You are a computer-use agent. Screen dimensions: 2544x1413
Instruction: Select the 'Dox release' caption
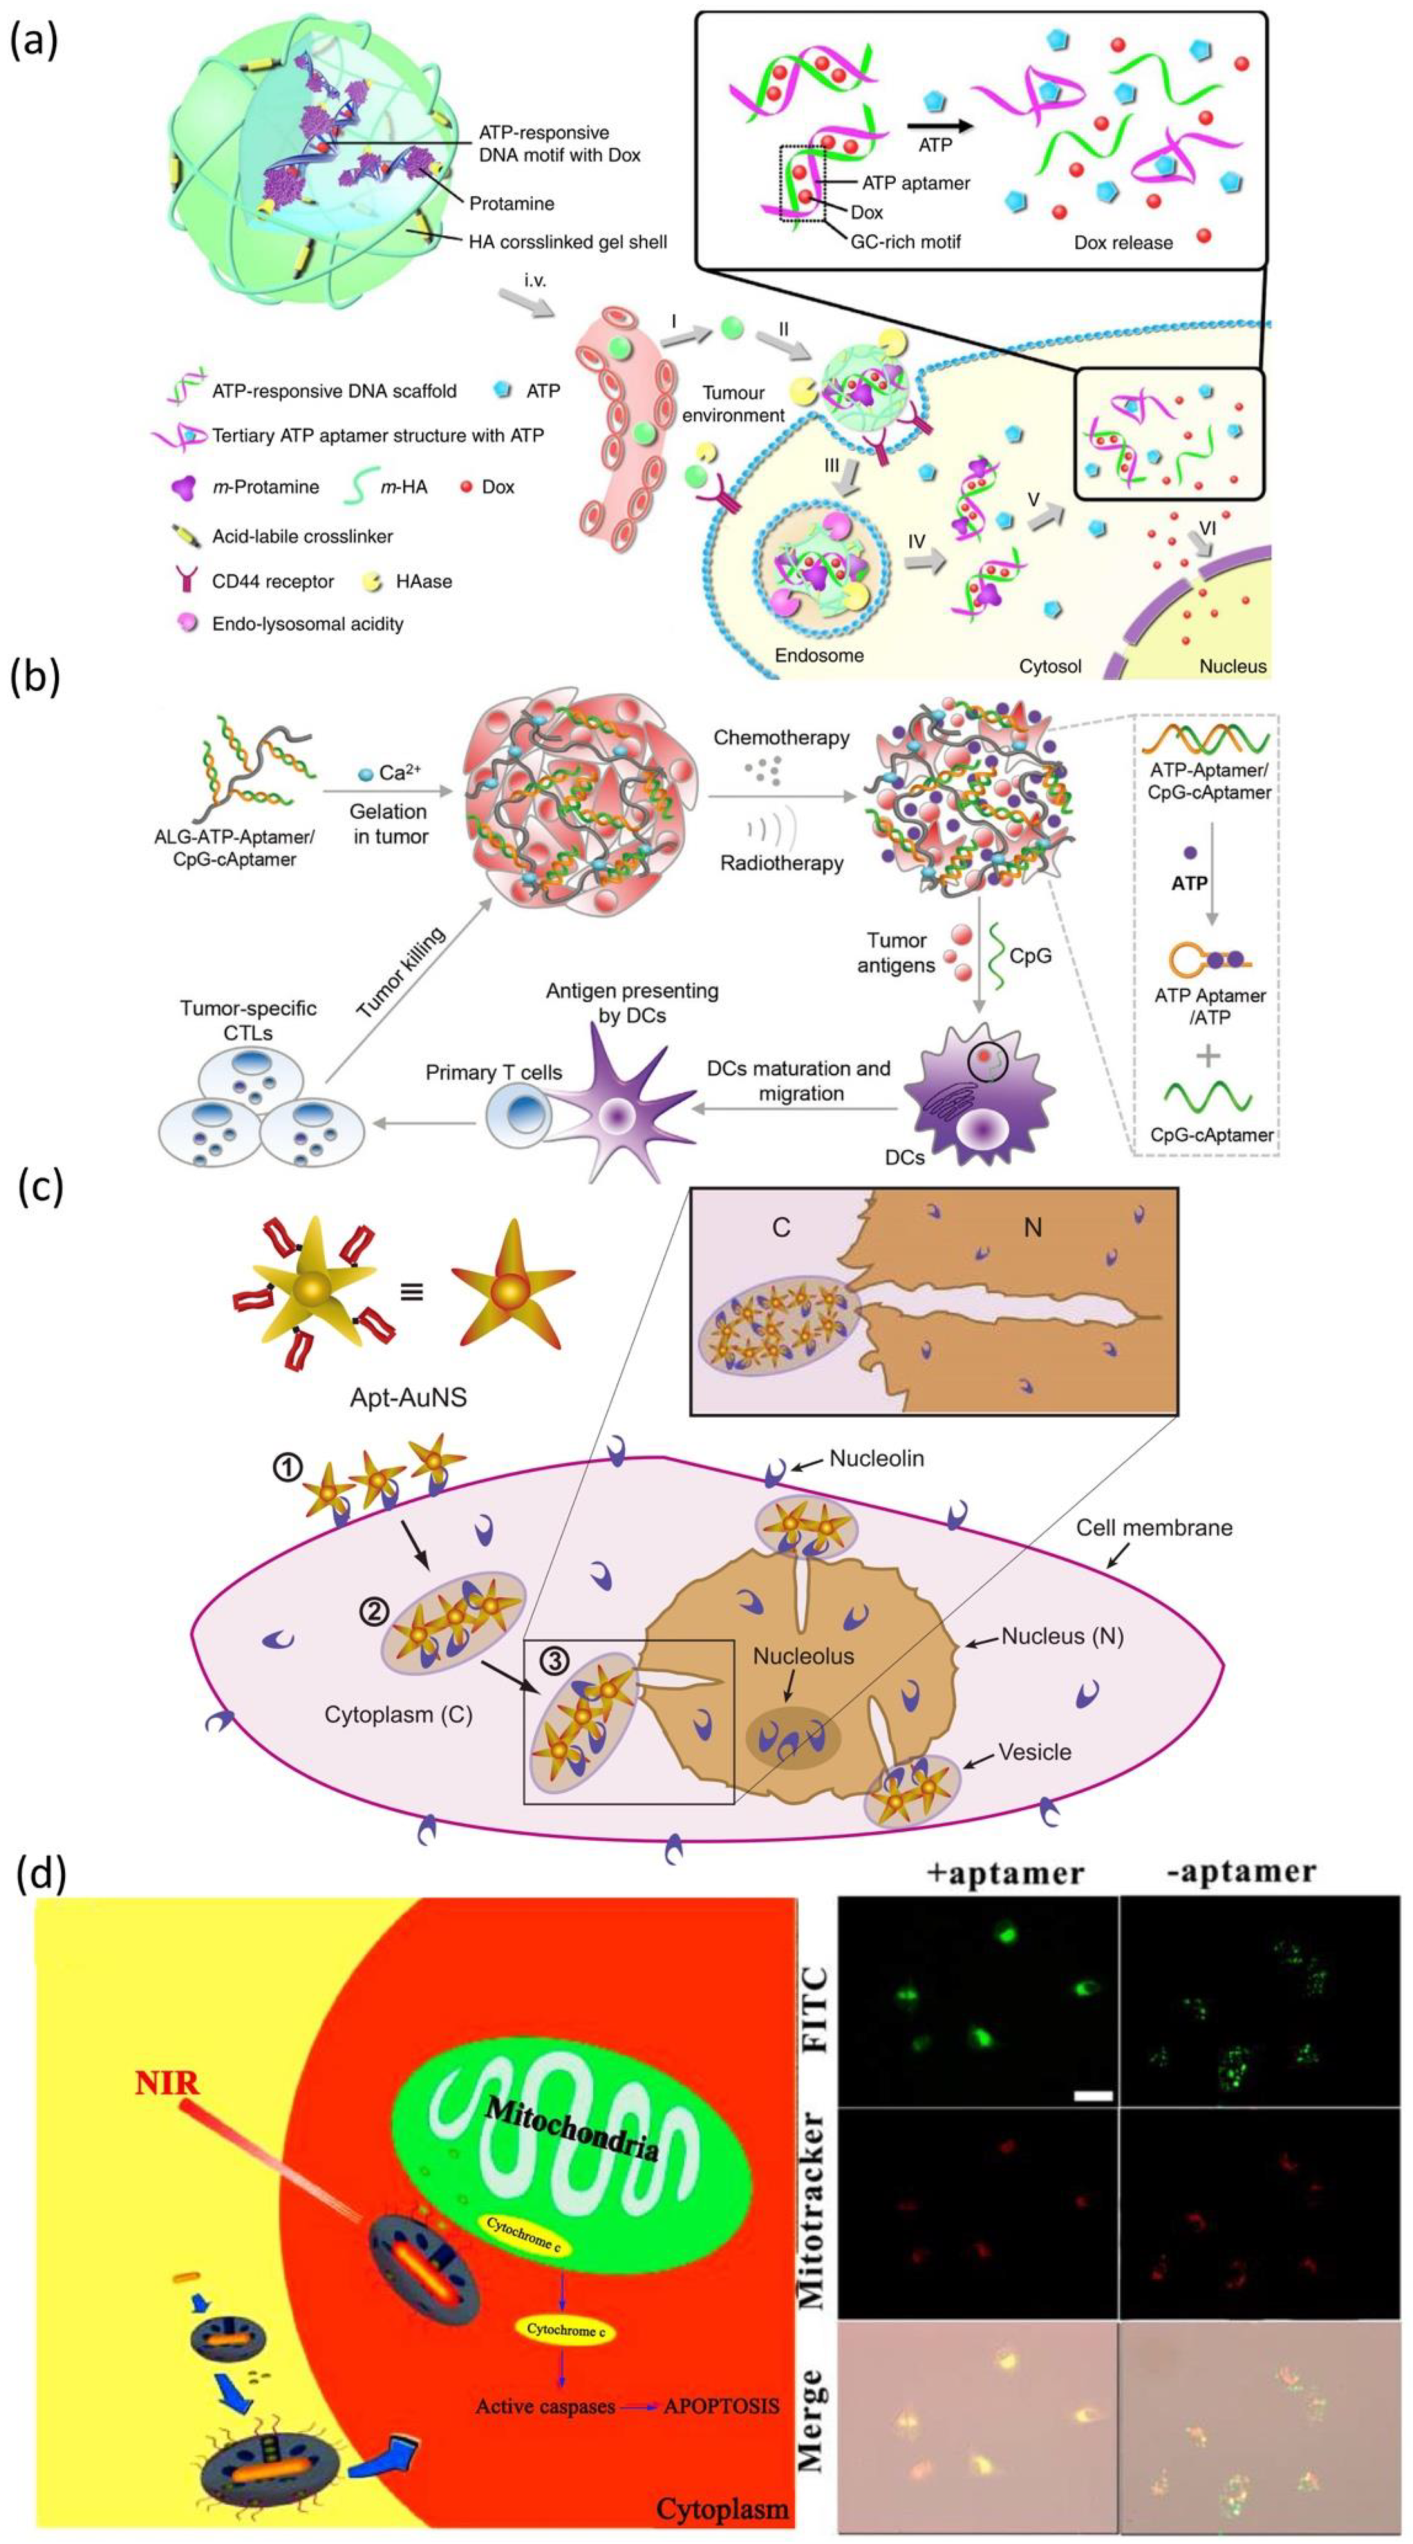(1123, 242)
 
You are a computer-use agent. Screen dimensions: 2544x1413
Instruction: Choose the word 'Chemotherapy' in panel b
(781, 738)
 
